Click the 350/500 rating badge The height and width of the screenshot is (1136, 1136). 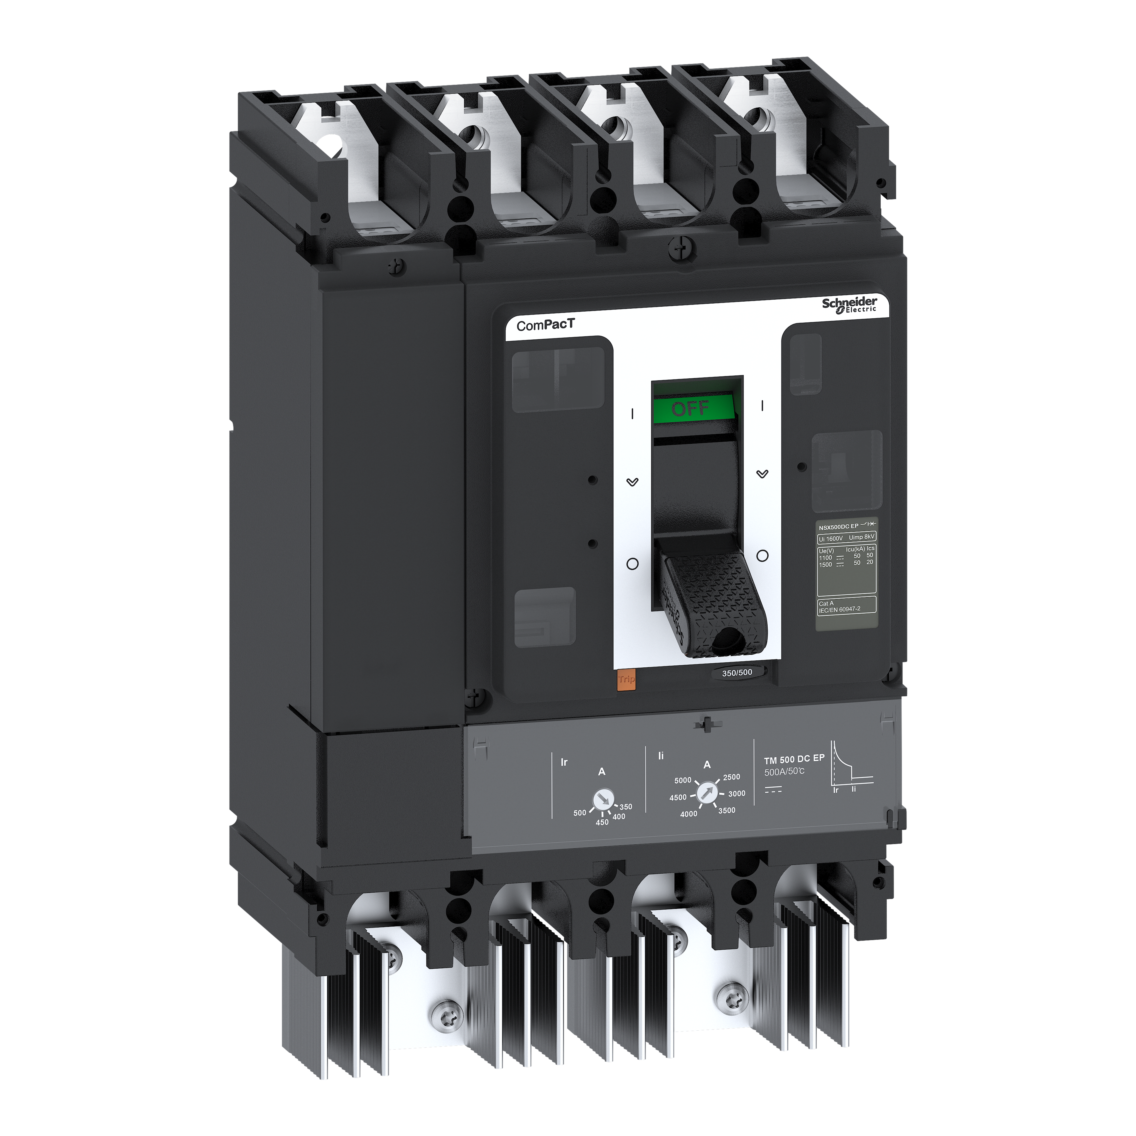pos(737,672)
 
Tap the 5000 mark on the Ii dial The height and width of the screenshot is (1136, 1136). pos(683,780)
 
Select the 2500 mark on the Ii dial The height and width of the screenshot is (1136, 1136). pos(732,777)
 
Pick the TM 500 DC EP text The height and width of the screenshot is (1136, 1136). pos(794,759)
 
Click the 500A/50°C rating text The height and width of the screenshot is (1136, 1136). pos(784,771)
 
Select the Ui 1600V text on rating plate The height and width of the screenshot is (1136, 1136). pos(830,538)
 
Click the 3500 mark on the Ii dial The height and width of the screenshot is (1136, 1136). pos(727,810)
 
